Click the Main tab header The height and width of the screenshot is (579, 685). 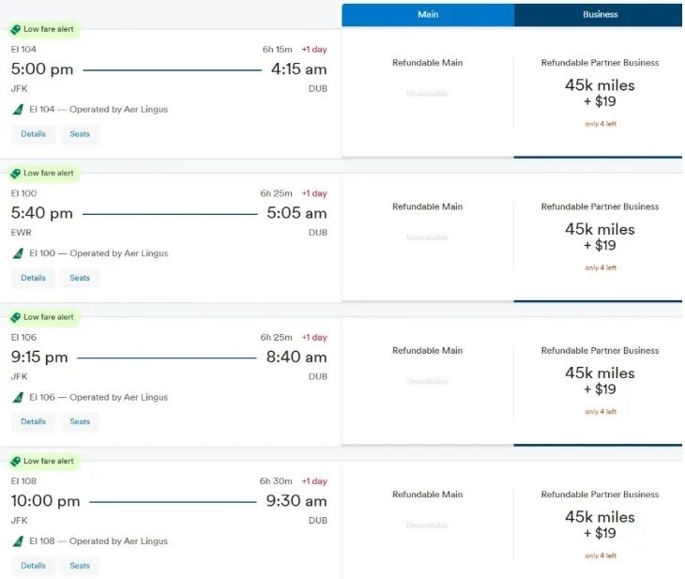point(428,15)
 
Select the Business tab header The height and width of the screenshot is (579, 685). point(600,15)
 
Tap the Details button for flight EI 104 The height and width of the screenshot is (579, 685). point(34,134)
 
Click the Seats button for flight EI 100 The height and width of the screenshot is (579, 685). point(80,278)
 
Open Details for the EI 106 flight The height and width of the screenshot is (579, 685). point(34,421)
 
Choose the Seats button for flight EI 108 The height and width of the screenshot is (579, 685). point(80,565)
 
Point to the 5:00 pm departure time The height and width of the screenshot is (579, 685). point(42,69)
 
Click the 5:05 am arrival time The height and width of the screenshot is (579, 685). point(297,213)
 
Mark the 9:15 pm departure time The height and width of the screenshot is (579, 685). point(39,357)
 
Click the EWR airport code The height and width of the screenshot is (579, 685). point(20,233)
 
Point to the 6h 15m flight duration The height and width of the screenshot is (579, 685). point(278,50)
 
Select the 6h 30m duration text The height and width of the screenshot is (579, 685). point(277,481)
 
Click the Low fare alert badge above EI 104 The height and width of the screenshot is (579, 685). point(43,29)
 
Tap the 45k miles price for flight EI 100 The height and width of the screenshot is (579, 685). point(600,229)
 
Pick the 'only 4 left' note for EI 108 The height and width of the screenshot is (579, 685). point(601,556)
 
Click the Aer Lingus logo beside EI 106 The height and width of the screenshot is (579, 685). point(18,397)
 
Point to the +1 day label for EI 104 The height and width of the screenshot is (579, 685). point(314,50)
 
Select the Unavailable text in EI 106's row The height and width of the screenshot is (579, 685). point(427,382)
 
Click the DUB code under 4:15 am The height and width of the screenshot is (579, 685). point(318,89)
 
